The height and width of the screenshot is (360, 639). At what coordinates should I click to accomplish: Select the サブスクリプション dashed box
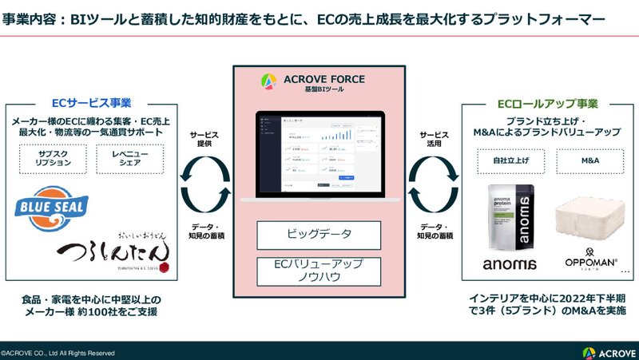coord(53,158)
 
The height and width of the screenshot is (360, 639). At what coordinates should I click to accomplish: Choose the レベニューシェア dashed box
coord(129,158)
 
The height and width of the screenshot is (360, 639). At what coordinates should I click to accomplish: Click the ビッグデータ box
coord(319,235)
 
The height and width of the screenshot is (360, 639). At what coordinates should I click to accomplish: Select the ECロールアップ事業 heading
coord(552,103)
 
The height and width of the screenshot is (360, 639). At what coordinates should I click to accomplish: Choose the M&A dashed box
coord(590,160)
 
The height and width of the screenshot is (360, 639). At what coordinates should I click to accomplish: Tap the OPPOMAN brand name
coord(592,263)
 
